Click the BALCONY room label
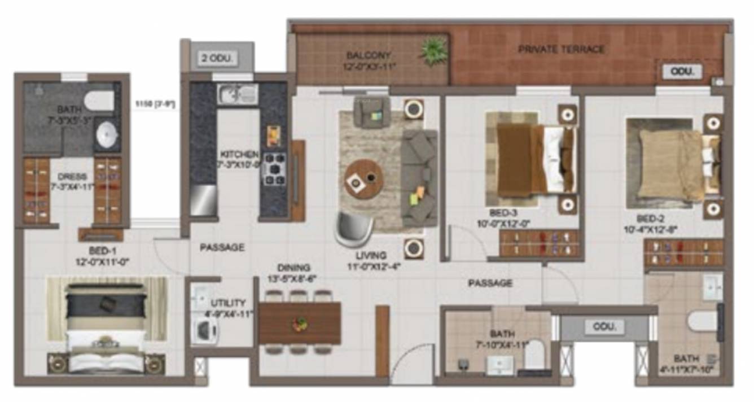(x=369, y=55)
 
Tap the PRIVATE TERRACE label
(x=561, y=50)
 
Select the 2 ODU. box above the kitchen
(x=217, y=58)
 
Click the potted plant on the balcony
(x=433, y=51)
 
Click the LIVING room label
(x=367, y=255)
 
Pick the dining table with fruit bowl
(x=300, y=324)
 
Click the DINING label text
(x=293, y=268)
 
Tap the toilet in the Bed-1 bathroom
(x=101, y=100)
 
